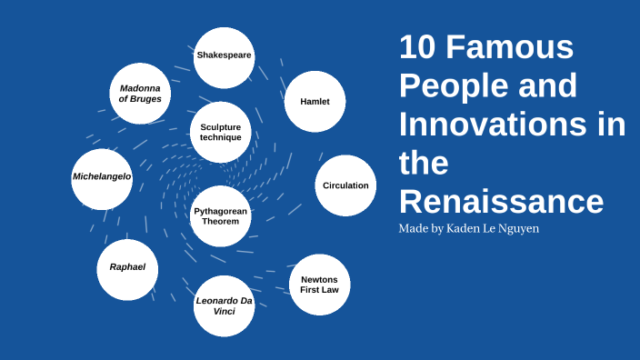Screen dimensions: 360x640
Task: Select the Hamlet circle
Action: [x=315, y=101]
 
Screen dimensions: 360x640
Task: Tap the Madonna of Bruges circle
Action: [x=140, y=94]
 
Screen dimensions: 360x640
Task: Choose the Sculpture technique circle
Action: [x=221, y=132]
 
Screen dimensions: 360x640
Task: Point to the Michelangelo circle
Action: [x=102, y=176]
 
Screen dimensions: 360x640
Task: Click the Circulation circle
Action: [x=345, y=185]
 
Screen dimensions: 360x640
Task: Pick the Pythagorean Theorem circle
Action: [x=221, y=216]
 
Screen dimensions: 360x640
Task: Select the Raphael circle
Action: [x=127, y=268]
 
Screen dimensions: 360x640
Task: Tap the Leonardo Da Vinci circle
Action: [x=225, y=305]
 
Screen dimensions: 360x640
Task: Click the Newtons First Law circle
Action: [x=319, y=285]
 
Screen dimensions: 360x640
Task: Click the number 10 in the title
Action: [x=420, y=46]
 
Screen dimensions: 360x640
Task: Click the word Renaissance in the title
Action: [x=501, y=201]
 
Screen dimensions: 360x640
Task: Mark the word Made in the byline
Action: [x=414, y=228]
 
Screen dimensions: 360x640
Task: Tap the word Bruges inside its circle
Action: [x=145, y=99]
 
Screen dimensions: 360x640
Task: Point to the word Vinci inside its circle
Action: [x=225, y=311]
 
